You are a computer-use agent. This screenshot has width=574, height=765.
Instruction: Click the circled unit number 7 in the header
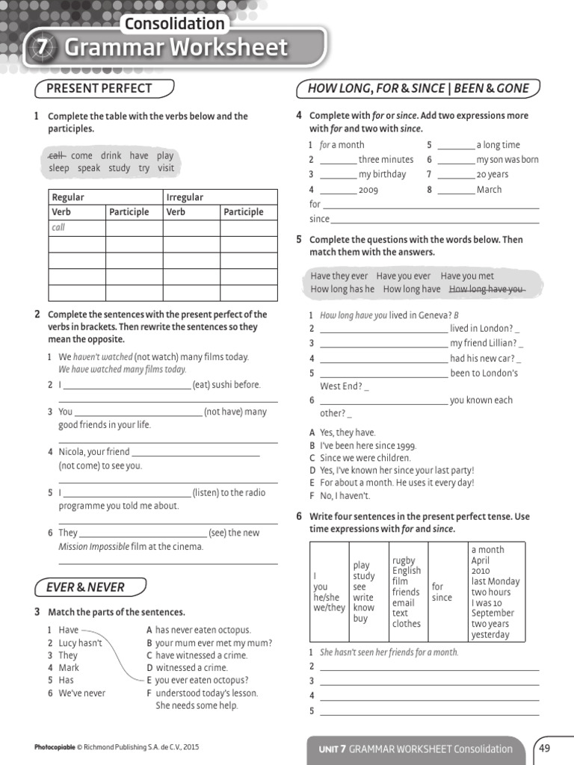[x=43, y=48]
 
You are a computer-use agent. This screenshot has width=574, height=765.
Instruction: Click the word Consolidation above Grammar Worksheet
[x=173, y=23]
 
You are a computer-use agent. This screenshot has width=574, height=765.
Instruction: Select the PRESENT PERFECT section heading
[x=99, y=88]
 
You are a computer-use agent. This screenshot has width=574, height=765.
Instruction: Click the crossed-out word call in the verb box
[x=56, y=155]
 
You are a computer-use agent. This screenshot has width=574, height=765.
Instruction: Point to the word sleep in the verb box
[x=59, y=168]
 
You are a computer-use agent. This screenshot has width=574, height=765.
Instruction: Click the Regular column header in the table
[x=68, y=197]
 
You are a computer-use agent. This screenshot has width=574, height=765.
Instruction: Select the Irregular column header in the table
[x=185, y=197]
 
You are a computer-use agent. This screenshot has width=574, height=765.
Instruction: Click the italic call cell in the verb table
[x=58, y=227]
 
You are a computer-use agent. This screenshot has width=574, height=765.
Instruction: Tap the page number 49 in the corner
[x=544, y=748]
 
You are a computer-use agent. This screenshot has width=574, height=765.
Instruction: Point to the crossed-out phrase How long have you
[x=486, y=289]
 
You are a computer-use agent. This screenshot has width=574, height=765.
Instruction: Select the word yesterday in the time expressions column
[x=490, y=635]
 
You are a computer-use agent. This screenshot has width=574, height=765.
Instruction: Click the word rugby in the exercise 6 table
[x=404, y=560]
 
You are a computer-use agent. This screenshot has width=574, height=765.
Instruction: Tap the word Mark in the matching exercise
[x=69, y=668]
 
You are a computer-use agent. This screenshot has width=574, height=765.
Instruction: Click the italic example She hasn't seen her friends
[x=389, y=652]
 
